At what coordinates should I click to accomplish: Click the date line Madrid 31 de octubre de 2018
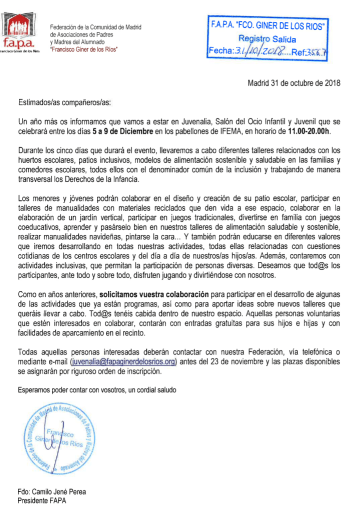click(x=294, y=84)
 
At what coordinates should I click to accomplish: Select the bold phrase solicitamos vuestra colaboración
click(x=149, y=294)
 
